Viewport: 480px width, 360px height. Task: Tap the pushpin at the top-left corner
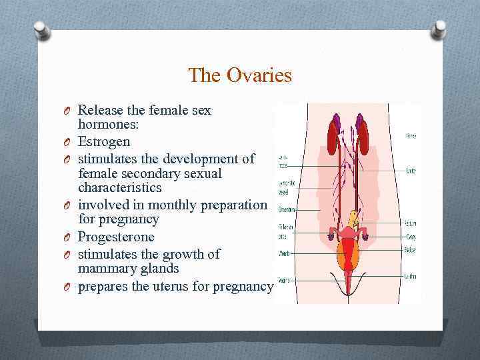[42, 29]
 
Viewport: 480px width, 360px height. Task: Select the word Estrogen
[104, 141]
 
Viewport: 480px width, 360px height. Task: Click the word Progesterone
[116, 237]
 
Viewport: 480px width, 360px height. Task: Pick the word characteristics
[119, 188]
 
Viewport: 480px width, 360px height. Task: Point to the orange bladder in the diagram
[349, 253]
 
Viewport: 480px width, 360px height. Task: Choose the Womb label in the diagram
[283, 253]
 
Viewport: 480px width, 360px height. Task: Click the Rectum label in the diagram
[409, 223]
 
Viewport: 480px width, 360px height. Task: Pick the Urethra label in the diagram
[409, 275]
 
